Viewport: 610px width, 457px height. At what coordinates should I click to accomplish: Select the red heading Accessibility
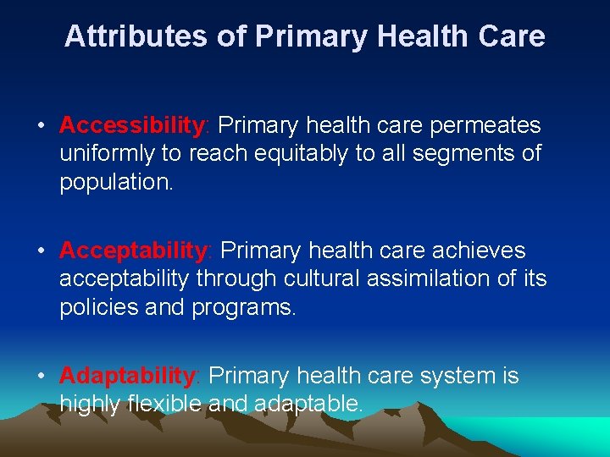(x=132, y=126)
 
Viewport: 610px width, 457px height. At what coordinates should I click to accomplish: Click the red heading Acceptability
(x=134, y=251)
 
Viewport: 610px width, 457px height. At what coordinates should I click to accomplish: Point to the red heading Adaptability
(x=128, y=376)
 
